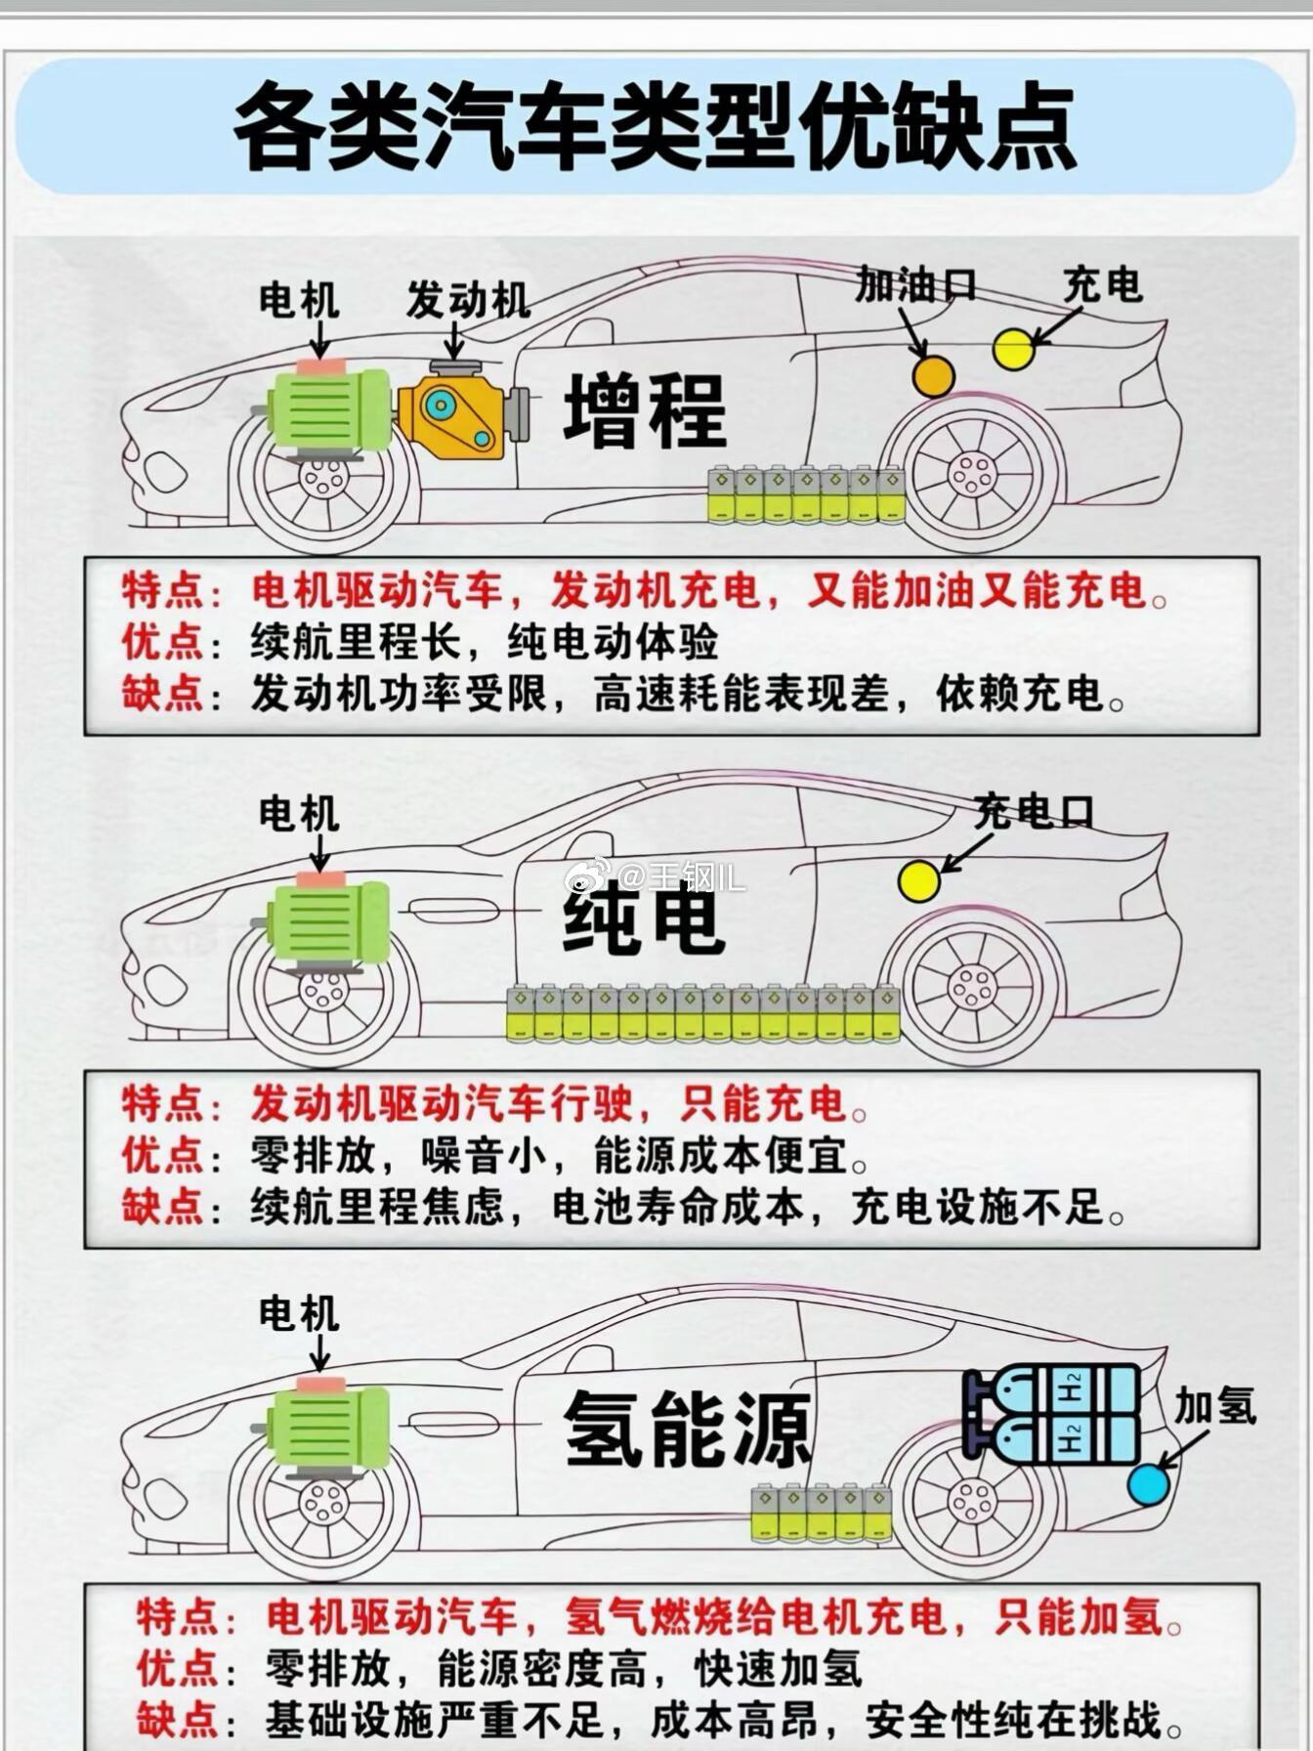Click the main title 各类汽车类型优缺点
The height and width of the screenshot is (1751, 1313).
click(655, 128)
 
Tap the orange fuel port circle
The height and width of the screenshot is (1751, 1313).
click(933, 375)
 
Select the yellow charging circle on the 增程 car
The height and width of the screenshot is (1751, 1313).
click(1013, 349)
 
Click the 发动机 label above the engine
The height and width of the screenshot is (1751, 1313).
click(468, 300)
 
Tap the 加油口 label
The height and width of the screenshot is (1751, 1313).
click(915, 284)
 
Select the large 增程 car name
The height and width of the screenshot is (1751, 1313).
click(645, 410)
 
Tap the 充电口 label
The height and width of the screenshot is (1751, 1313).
click(1034, 812)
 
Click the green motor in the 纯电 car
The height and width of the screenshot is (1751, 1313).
click(327, 919)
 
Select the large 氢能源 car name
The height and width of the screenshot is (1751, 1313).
click(688, 1430)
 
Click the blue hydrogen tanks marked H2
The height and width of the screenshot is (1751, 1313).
click(1051, 1413)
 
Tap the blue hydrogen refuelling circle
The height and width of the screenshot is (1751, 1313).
click(1148, 1483)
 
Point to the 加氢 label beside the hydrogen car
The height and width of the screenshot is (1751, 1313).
click(1214, 1407)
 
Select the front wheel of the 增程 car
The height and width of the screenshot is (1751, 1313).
click(323, 478)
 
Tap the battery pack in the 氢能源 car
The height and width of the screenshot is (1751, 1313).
click(823, 1513)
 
